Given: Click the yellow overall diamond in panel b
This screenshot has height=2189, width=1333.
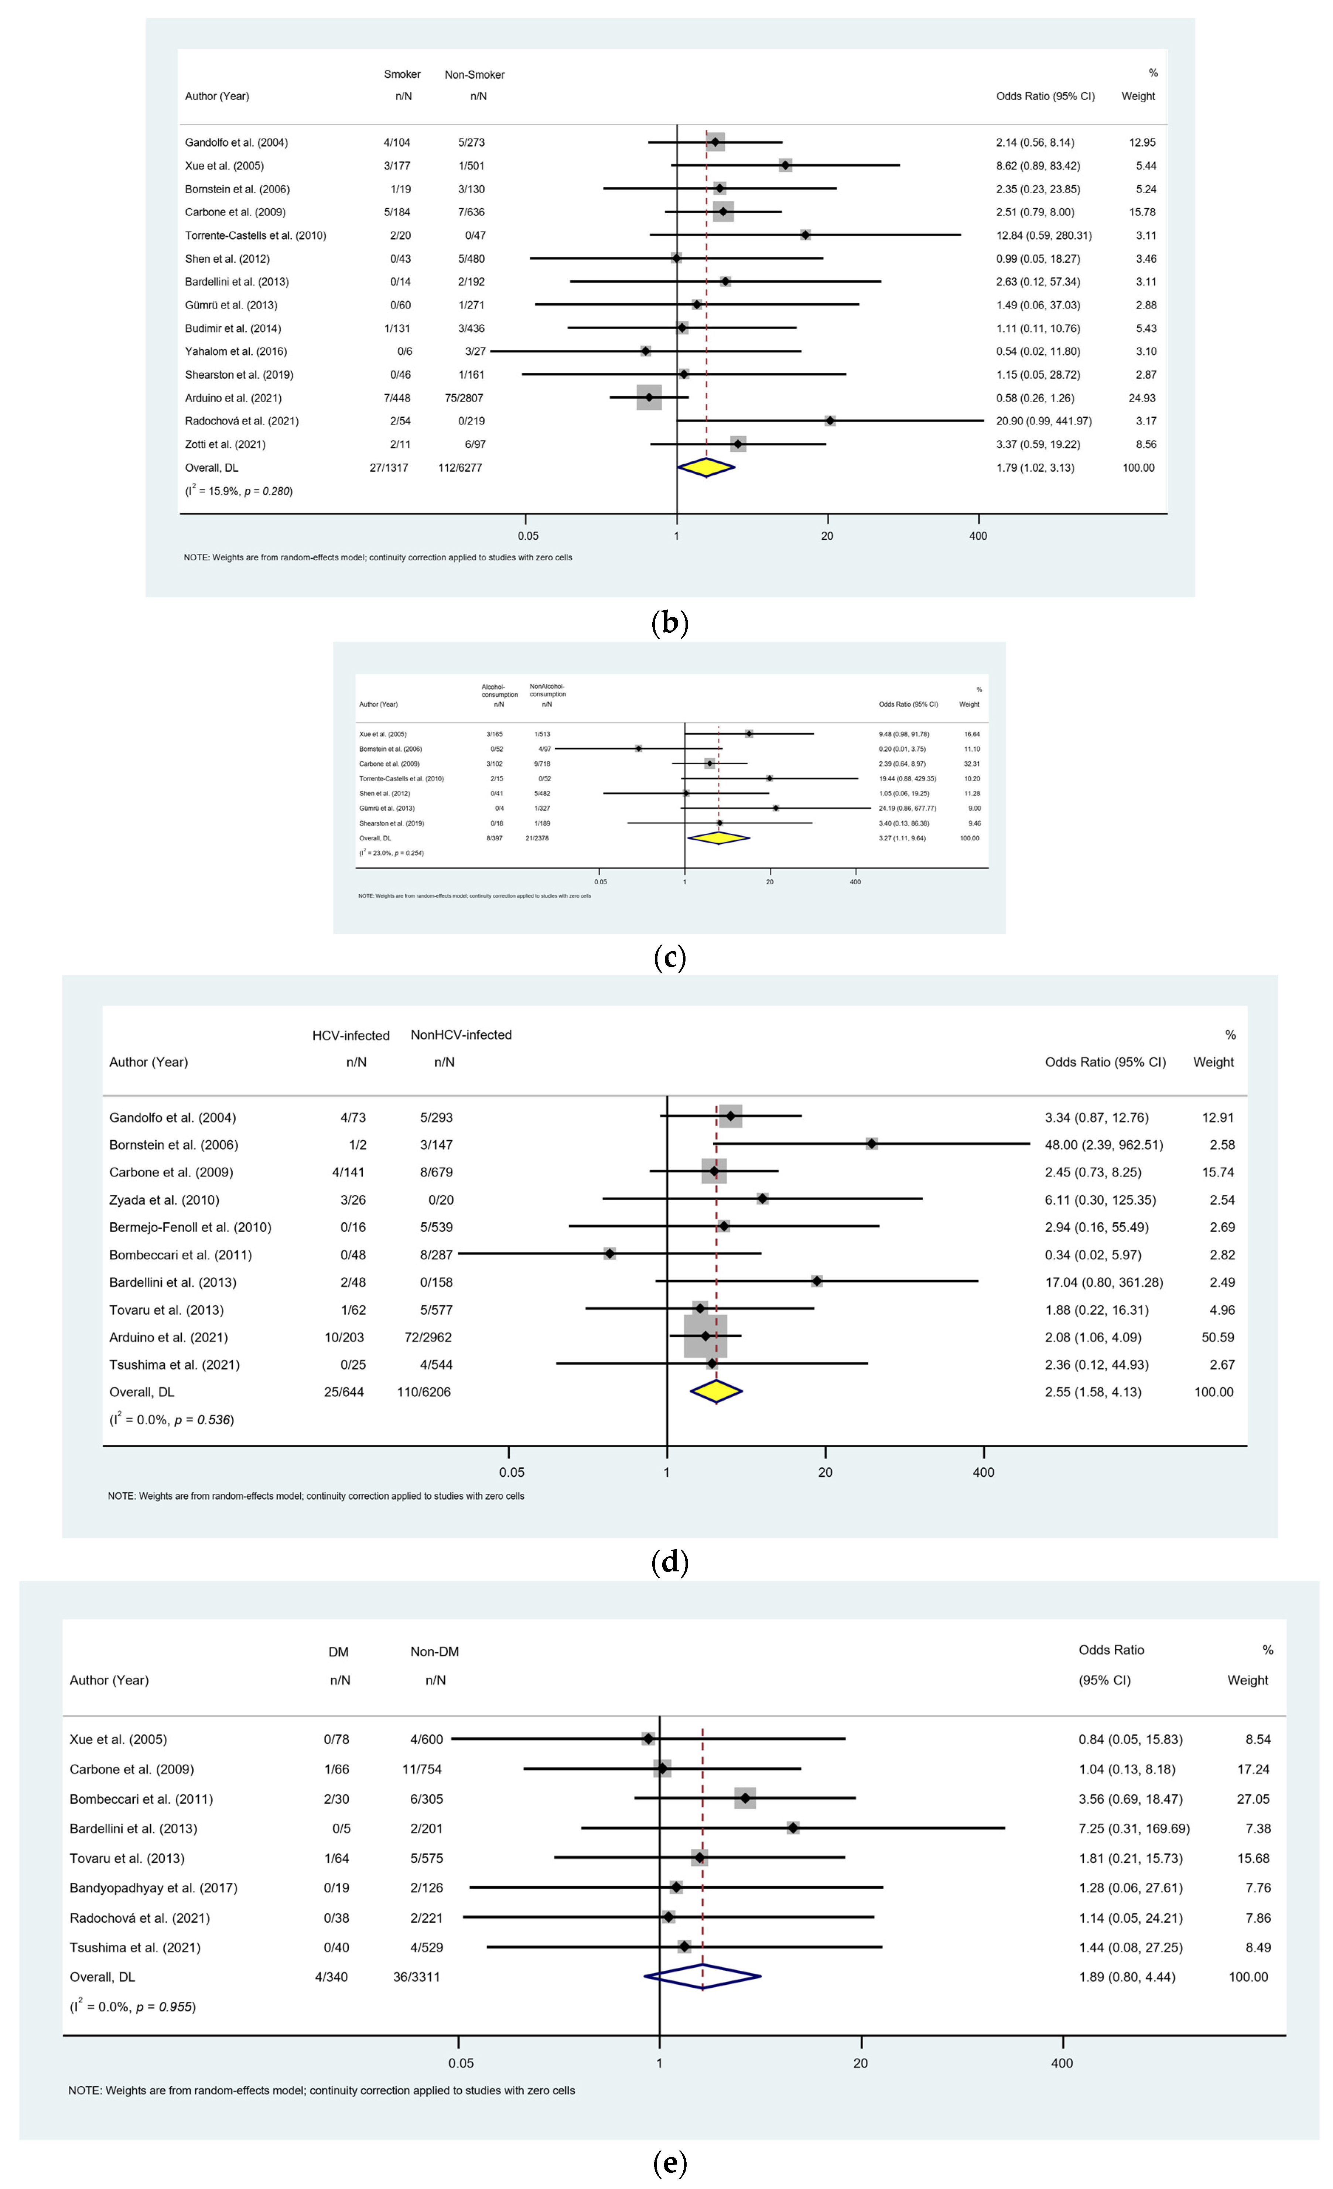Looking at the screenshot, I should coord(706,467).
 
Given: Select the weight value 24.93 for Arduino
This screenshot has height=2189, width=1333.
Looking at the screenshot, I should coord(1141,398).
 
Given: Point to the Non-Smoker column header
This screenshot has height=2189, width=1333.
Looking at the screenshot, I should coord(474,75).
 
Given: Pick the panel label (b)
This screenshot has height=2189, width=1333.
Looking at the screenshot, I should coord(670,623).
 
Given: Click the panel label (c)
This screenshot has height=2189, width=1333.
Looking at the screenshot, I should coord(670,958).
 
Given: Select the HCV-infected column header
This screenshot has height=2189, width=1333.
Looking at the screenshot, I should coord(351,1035).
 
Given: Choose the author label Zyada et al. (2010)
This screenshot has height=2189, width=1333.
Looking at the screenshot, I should coord(164,1199).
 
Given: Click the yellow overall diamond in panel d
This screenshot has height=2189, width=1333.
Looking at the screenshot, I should coord(716,1392).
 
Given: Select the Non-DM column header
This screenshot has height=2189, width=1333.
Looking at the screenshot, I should coord(434,1652).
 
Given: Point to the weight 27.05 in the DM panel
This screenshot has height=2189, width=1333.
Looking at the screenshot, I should coord(1253,1799).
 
